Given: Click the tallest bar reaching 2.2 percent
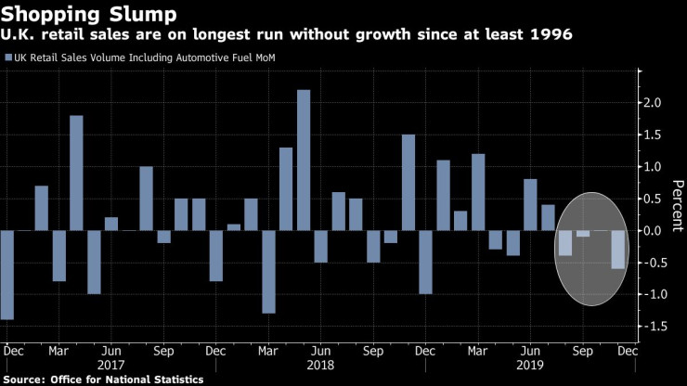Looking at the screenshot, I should coord(303,160).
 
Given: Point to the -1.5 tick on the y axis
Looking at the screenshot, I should coord(655,327).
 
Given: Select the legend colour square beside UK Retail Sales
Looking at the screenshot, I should coord(8,58).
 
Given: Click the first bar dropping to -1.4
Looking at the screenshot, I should coord(6,275).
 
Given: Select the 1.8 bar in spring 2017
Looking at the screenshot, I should coord(76,173).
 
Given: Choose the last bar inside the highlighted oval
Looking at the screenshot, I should coord(617,250).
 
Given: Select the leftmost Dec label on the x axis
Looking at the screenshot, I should coord(13,352).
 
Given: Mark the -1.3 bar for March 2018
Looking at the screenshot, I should coord(268,272).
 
